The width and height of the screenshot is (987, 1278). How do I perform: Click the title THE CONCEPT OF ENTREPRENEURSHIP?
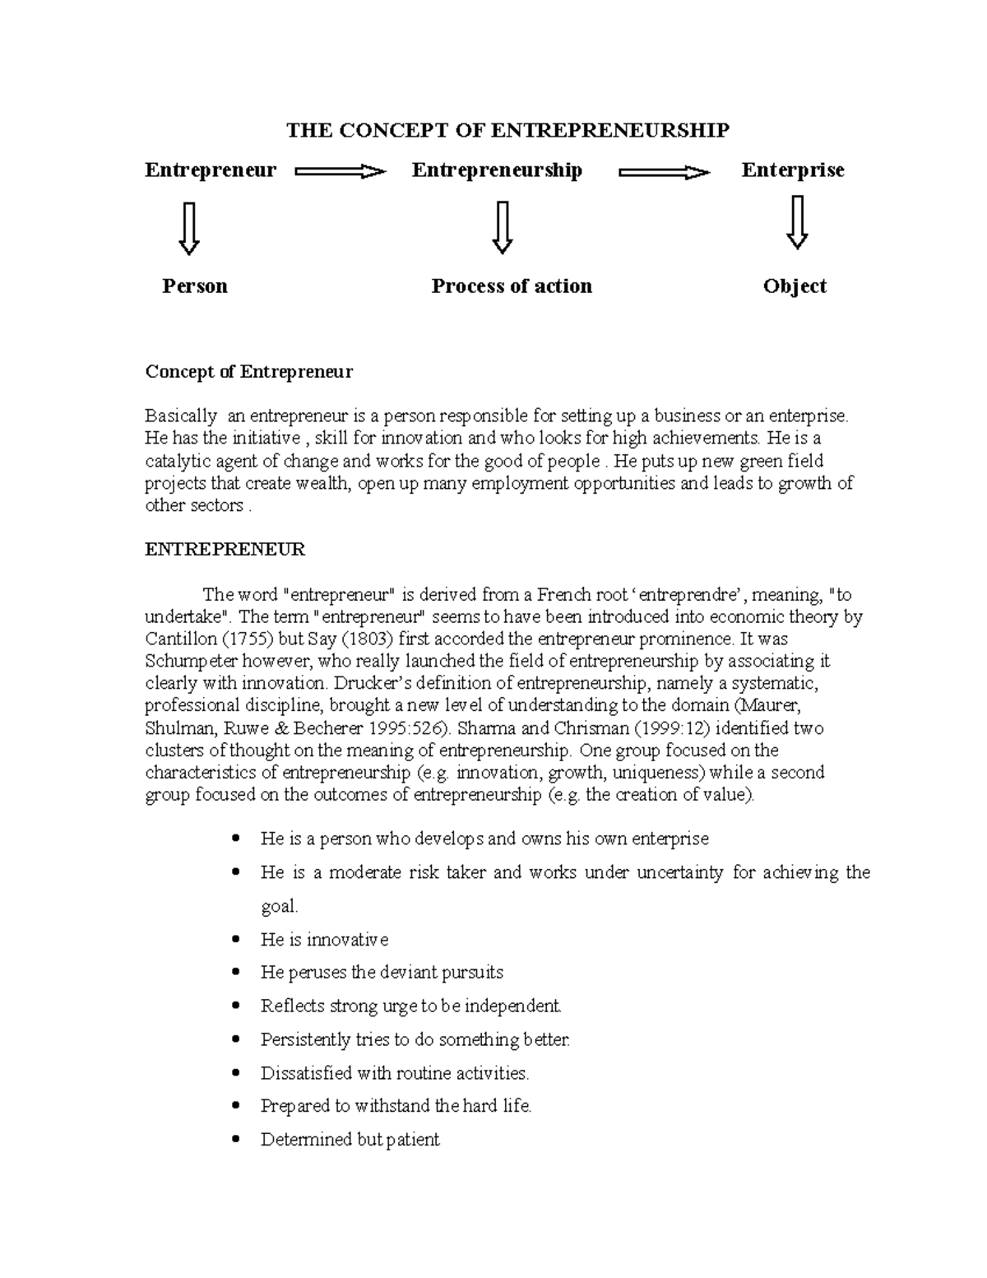click(x=507, y=130)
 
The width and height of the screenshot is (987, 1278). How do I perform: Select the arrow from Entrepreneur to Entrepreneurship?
click(x=341, y=172)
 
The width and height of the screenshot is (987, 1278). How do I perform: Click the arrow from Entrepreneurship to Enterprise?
click(x=664, y=172)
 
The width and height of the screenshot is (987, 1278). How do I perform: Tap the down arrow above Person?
click(x=189, y=229)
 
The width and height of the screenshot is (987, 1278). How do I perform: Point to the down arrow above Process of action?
click(x=503, y=229)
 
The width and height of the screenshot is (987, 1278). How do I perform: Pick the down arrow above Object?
click(x=796, y=222)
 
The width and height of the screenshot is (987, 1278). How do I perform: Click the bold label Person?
click(x=195, y=286)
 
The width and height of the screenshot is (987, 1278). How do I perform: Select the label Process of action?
click(x=512, y=286)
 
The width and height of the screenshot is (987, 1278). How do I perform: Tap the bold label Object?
click(x=795, y=286)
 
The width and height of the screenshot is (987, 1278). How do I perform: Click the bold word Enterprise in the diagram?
click(x=793, y=170)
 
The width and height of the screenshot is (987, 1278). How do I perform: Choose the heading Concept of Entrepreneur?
click(x=248, y=372)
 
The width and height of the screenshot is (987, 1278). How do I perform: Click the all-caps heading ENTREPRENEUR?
click(x=225, y=550)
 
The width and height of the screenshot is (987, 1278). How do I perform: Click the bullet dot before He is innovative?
click(x=238, y=940)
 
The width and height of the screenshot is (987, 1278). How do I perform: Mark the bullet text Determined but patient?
click(x=350, y=1140)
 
